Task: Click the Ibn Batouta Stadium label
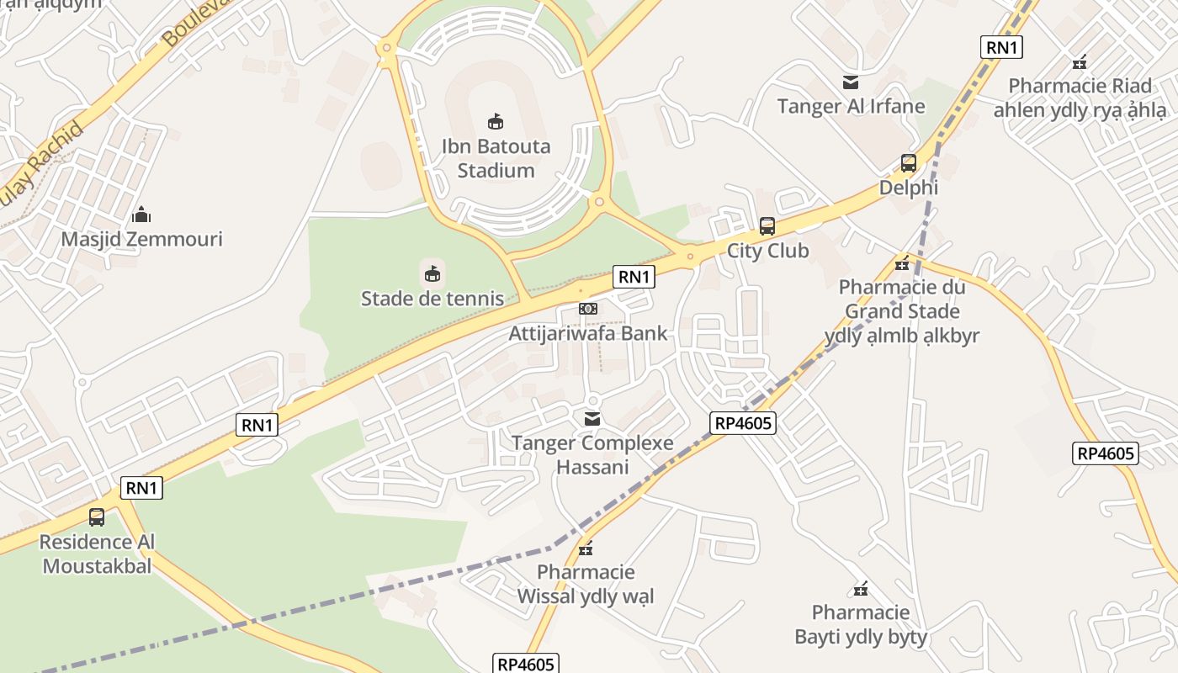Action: coord(496,158)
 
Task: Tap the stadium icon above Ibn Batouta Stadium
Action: coord(496,122)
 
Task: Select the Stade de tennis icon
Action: coord(432,273)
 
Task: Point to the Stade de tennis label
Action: coord(432,299)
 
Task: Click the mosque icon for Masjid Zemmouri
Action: coord(142,215)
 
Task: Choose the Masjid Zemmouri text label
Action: coord(141,239)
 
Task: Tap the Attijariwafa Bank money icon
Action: coord(588,309)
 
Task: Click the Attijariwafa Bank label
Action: coord(588,333)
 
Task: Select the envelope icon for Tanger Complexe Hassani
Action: coord(592,419)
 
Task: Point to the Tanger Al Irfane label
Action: coord(851,106)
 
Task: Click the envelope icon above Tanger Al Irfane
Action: coord(851,82)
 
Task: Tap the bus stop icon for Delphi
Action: coord(909,163)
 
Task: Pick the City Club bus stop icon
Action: coord(767,226)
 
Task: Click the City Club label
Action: coord(767,251)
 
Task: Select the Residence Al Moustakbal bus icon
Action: coord(97,517)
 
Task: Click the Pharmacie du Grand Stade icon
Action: coord(902,263)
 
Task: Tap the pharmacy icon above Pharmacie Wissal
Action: coord(586,548)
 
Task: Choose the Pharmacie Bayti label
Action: coord(861,624)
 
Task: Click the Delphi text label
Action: coord(909,188)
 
